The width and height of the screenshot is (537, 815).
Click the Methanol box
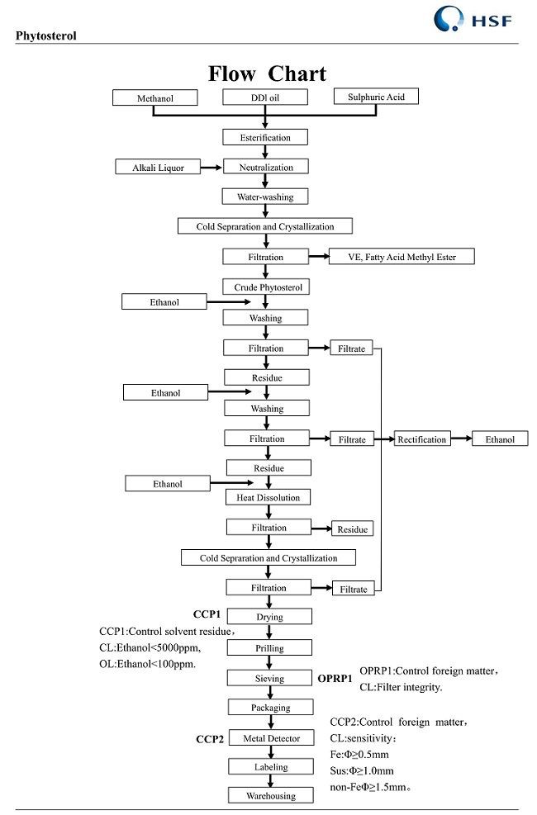point(155,98)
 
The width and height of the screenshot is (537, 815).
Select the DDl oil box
point(265,97)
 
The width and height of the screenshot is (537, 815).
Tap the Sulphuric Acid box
point(375,97)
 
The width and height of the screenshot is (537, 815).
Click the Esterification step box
point(265,137)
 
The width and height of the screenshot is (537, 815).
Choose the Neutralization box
point(265,167)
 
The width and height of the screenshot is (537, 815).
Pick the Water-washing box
point(265,197)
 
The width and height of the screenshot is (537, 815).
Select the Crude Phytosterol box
point(266,287)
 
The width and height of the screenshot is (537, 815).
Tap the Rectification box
point(422,439)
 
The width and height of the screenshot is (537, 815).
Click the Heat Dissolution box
point(268,497)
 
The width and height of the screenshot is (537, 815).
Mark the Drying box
point(269,617)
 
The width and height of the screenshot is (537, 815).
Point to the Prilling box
point(269,648)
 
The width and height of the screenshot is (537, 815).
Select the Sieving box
point(269,678)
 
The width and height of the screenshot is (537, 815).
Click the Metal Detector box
point(271,737)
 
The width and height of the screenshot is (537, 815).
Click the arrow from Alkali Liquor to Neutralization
point(212,168)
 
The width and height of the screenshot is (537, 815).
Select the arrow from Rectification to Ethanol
point(461,439)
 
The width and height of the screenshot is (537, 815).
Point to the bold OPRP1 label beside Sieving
point(335,679)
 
